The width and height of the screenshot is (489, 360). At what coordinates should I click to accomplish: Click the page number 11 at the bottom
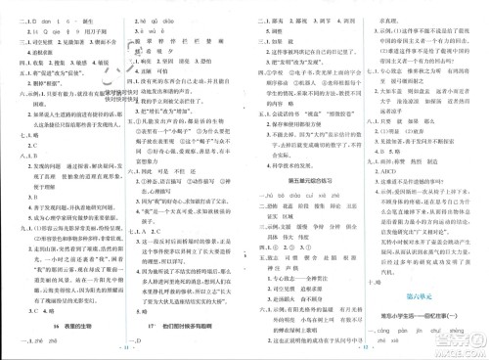click(x=123, y=347)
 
